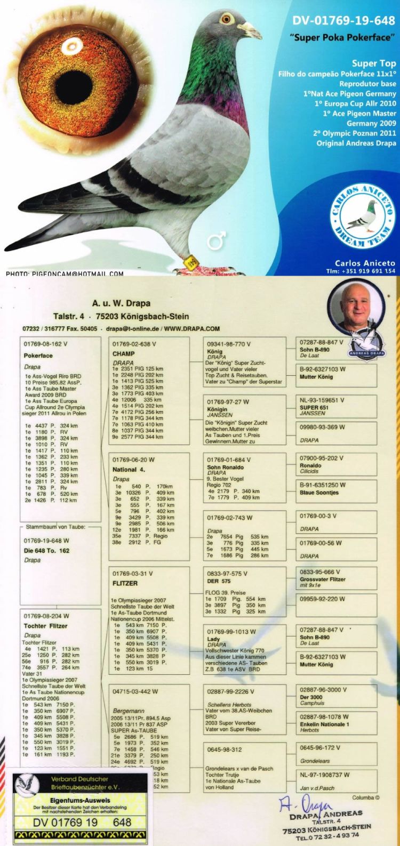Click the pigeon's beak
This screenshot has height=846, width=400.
[x=252, y=29]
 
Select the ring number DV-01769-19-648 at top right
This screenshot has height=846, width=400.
[x=343, y=21]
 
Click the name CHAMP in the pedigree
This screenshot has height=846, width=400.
[x=123, y=353]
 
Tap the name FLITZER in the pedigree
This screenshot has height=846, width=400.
[x=125, y=583]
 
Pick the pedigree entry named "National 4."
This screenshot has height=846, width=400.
[x=129, y=470]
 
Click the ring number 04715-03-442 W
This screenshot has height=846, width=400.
[x=135, y=691]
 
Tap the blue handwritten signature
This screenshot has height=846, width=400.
[x=301, y=804]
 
